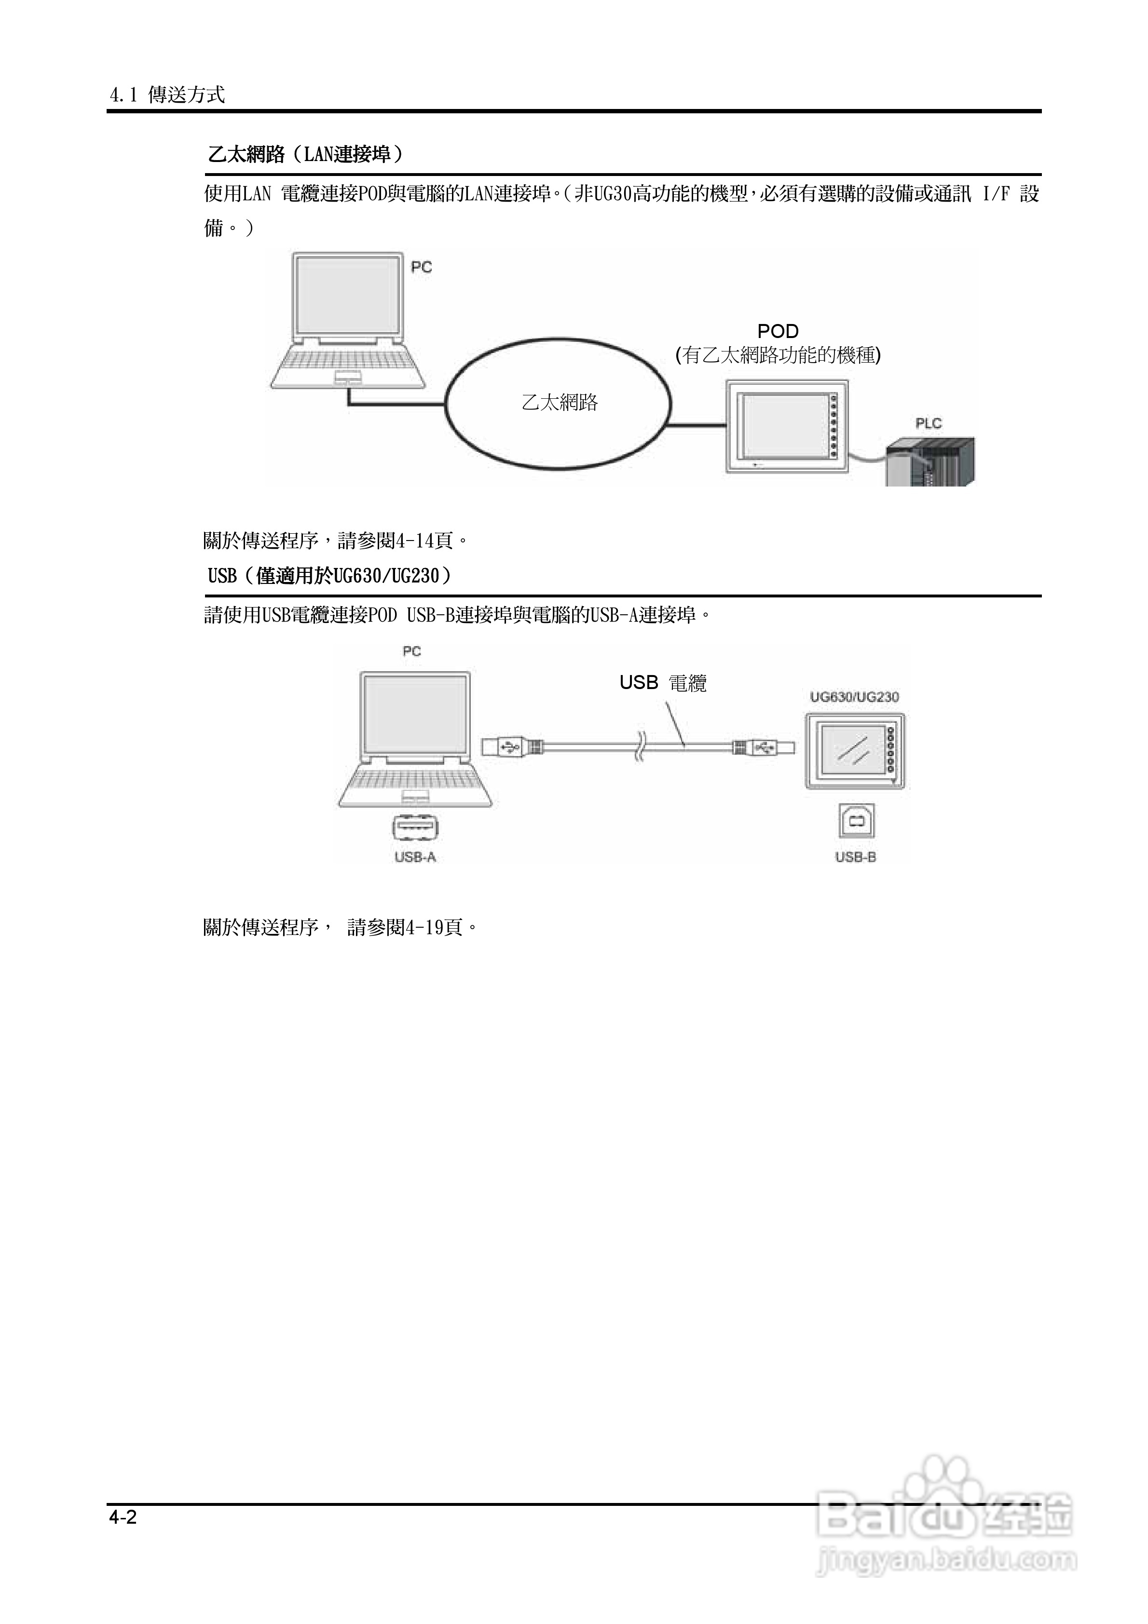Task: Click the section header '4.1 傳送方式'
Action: pyautogui.click(x=167, y=95)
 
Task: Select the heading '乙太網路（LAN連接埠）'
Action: pyautogui.click(x=306, y=154)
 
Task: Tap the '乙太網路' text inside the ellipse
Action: pyautogui.click(x=559, y=403)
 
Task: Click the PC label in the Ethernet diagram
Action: pyautogui.click(x=421, y=267)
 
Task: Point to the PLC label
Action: pyautogui.click(x=928, y=424)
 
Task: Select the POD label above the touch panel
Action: pyautogui.click(x=778, y=331)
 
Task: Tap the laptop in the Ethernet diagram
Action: pyautogui.click(x=348, y=321)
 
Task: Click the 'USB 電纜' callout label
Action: pyautogui.click(x=662, y=683)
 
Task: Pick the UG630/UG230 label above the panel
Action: pyautogui.click(x=854, y=697)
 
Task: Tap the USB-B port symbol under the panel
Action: pyautogui.click(x=856, y=821)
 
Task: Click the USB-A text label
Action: pyautogui.click(x=415, y=857)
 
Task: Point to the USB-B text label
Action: pyautogui.click(x=856, y=857)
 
